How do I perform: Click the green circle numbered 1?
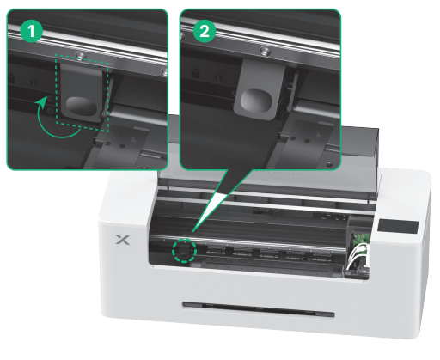(31, 31)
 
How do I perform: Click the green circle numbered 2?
(205, 31)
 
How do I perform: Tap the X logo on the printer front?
(123, 240)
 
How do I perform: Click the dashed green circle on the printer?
(184, 251)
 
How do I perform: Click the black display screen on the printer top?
(398, 227)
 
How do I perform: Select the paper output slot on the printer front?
(259, 309)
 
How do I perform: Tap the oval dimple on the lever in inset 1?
(82, 106)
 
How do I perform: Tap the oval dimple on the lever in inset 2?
(256, 101)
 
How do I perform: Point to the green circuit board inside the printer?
(362, 239)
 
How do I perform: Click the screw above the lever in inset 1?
(80, 55)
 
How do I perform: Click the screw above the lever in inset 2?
(266, 51)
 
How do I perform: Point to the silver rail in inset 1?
(86, 46)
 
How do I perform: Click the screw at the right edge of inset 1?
(164, 71)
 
